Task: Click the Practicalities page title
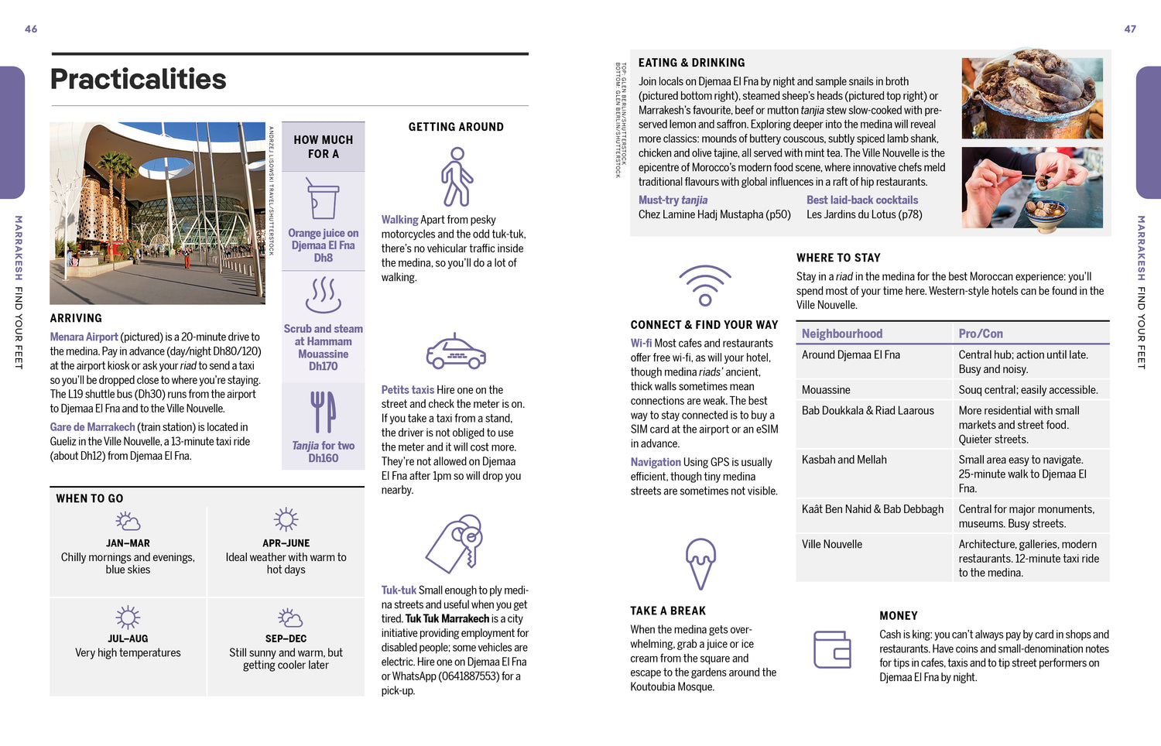point(139,79)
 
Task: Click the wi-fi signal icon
point(704,286)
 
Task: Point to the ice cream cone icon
point(700,563)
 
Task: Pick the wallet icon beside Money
point(832,648)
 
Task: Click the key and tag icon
point(455,543)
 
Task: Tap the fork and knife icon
point(323,412)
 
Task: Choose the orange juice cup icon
point(323,199)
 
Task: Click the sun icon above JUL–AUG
point(128,617)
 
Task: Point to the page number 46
point(31,29)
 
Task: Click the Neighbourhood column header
point(842,334)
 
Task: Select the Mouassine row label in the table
point(826,390)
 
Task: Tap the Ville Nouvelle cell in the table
point(832,544)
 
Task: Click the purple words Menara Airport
point(84,337)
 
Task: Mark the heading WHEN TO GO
point(90,498)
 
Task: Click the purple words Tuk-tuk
point(399,590)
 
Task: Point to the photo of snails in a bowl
point(1032,187)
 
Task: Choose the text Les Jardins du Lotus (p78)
point(864,214)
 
